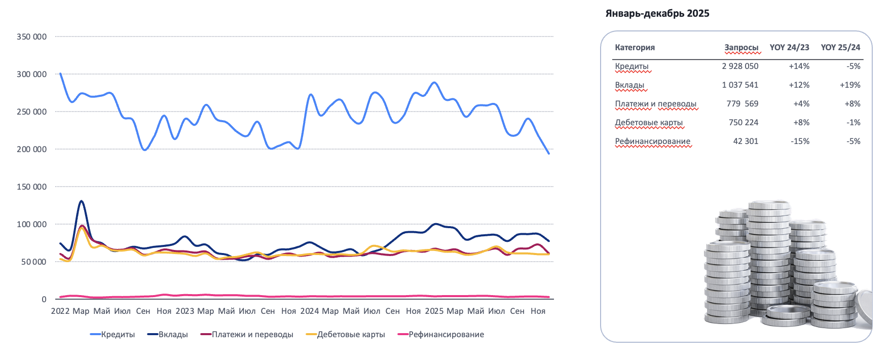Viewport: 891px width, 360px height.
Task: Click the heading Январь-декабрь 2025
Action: click(657, 14)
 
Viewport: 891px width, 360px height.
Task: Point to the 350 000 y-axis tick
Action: click(31, 37)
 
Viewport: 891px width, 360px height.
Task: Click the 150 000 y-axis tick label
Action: click(31, 187)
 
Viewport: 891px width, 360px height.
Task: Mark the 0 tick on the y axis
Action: click(44, 300)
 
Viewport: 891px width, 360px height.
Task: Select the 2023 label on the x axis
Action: click(185, 311)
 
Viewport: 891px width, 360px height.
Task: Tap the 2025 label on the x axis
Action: click(434, 311)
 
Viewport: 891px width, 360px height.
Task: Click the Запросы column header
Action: click(741, 48)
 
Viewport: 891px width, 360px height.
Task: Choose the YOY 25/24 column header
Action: click(840, 48)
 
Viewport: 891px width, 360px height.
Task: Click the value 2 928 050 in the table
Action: click(740, 66)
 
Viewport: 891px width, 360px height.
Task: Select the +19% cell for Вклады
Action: click(850, 85)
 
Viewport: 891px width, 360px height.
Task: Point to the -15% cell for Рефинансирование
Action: click(800, 141)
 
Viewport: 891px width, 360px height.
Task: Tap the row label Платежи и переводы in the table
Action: click(655, 104)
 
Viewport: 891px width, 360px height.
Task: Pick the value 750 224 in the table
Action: click(744, 123)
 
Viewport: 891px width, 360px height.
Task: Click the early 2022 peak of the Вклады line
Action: click(81, 201)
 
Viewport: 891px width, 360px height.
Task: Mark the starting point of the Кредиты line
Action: click(60, 74)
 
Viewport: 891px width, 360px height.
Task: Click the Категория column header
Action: click(635, 48)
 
